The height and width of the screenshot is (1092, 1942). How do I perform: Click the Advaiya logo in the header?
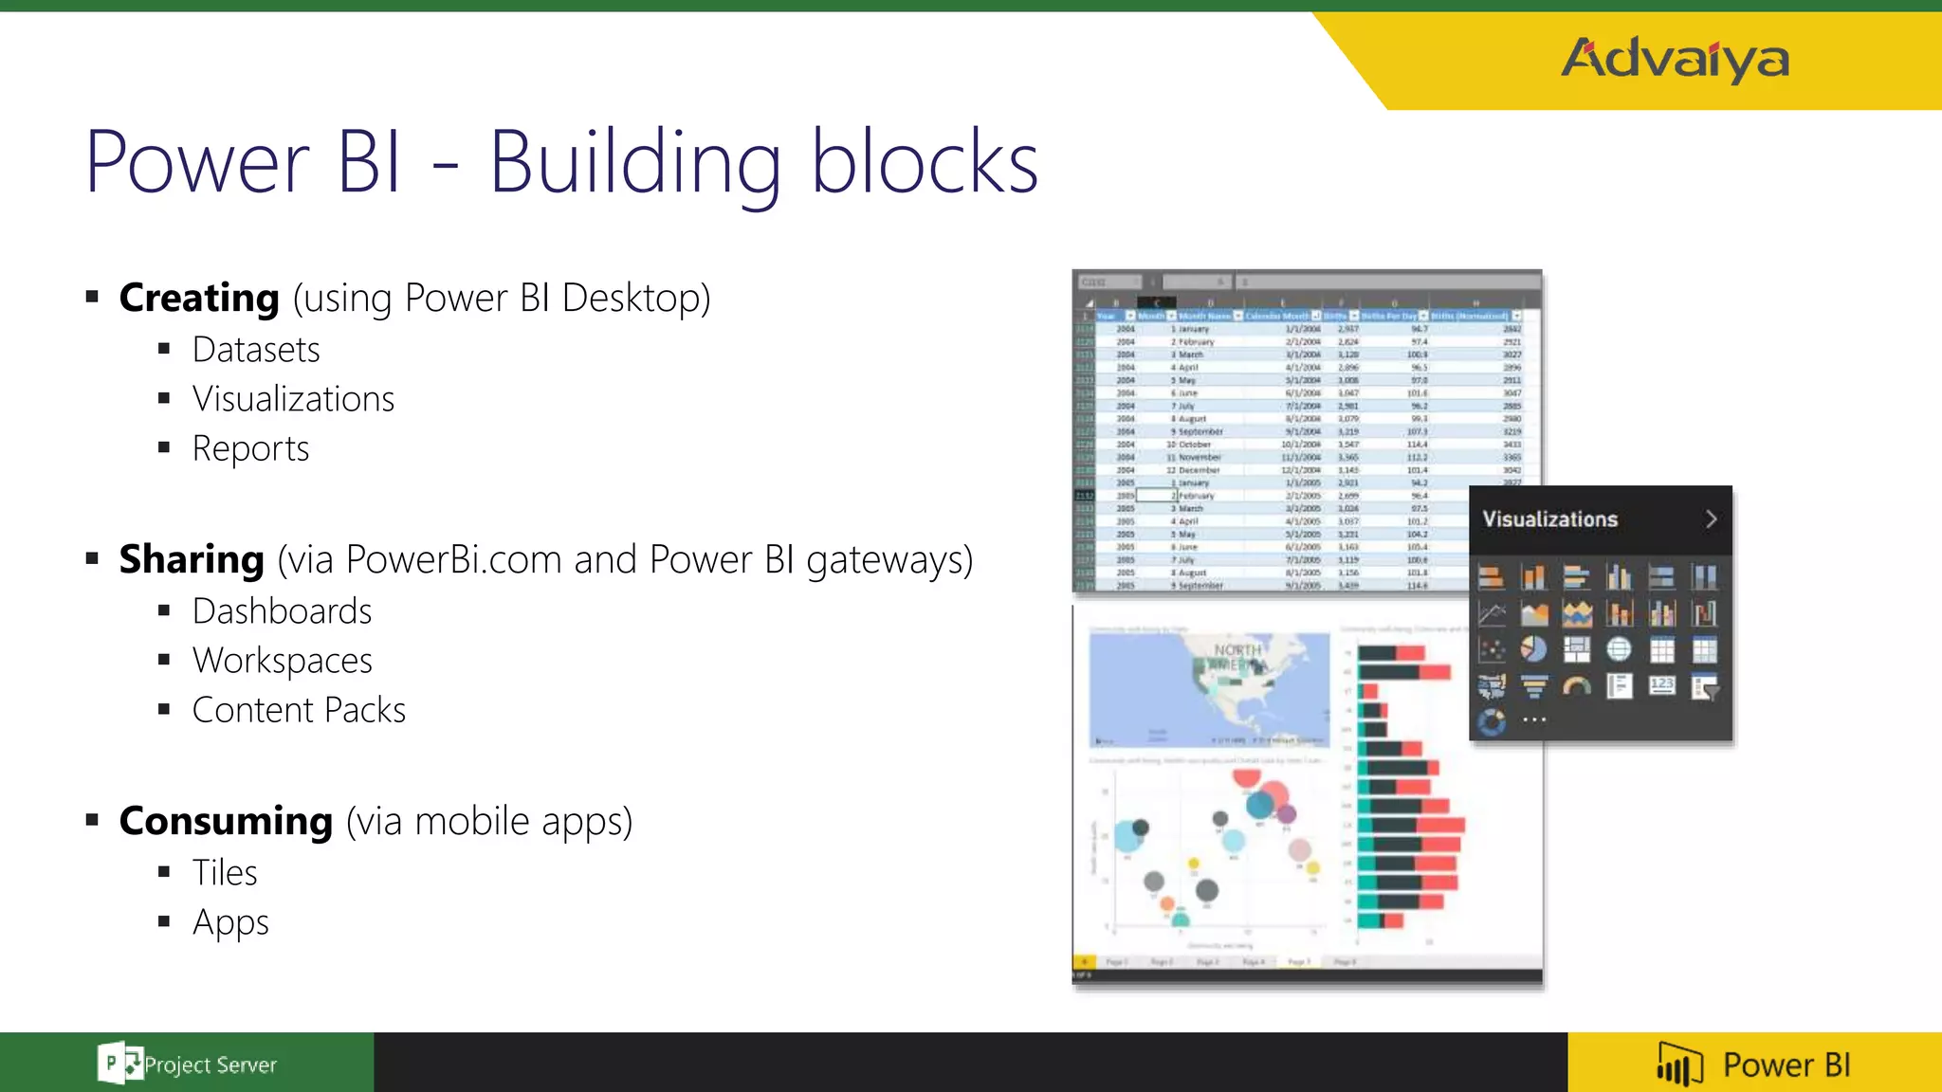tap(1675, 59)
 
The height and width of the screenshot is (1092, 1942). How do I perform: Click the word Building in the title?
tap(635, 163)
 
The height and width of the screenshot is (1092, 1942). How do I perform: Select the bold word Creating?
tap(199, 298)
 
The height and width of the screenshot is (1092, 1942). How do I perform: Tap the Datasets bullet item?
tap(256, 350)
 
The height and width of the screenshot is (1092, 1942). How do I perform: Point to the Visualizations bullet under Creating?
tap(293, 399)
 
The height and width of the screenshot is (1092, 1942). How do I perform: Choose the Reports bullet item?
tap(250, 448)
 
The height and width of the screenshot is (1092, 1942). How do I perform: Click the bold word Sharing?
tap(192, 559)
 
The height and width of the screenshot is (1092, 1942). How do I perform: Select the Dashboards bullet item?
tap(282, 611)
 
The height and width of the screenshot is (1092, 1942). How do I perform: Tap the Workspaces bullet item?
tap(282, 661)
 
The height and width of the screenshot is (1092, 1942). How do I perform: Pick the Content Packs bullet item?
tap(299, 710)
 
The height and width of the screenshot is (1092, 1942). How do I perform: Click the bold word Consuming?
tap(226, 821)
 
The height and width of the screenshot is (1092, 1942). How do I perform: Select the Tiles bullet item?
tap(225, 873)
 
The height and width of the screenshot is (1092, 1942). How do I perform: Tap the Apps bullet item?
tap(230, 922)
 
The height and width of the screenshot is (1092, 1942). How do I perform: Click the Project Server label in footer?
tap(211, 1065)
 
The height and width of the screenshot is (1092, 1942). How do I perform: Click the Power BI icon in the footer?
tap(1679, 1065)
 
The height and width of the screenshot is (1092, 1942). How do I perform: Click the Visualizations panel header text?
tap(1549, 519)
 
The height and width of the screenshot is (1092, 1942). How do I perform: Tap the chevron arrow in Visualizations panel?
tap(1711, 519)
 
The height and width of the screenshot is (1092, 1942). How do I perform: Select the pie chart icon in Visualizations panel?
tap(1533, 649)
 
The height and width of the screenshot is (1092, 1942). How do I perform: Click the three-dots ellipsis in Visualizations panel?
tap(1534, 720)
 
